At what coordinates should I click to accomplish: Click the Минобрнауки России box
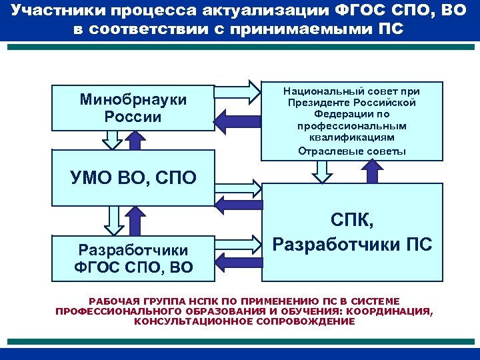(x=133, y=107)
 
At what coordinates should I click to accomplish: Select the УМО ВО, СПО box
(x=133, y=178)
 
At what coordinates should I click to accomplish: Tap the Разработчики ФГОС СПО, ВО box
(x=133, y=259)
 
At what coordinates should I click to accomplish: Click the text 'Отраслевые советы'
(x=352, y=151)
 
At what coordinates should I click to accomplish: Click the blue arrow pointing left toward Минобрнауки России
(x=236, y=119)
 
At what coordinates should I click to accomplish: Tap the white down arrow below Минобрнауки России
(x=111, y=139)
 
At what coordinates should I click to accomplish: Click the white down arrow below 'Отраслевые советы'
(x=323, y=171)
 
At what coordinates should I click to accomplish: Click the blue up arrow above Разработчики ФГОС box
(x=135, y=220)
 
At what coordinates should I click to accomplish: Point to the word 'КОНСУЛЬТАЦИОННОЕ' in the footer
(x=184, y=321)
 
